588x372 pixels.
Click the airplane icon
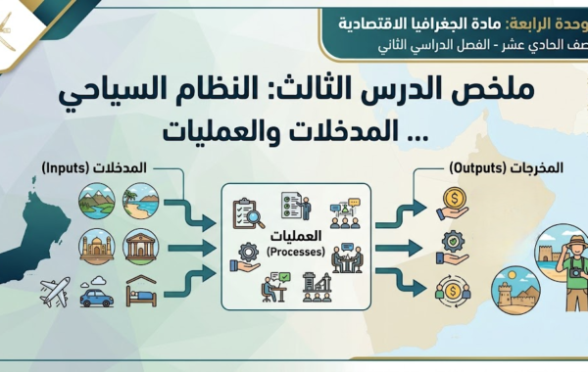pyautogui.click(x=54, y=293)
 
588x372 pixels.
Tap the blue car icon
pyautogui.click(x=97, y=294)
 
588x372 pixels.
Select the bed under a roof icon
pyautogui.click(x=142, y=292)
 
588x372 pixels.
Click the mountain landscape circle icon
pyautogui.click(x=96, y=199)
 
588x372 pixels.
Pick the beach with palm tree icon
pyautogui.click(x=141, y=199)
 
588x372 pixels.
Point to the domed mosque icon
pyautogui.click(x=96, y=246)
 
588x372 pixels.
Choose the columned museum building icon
pyautogui.click(x=142, y=246)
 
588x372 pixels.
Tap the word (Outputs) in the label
pyautogui.click(x=475, y=168)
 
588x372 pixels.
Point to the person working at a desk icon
pyautogui.click(x=273, y=288)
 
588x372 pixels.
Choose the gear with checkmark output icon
pyautogui.click(x=454, y=244)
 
